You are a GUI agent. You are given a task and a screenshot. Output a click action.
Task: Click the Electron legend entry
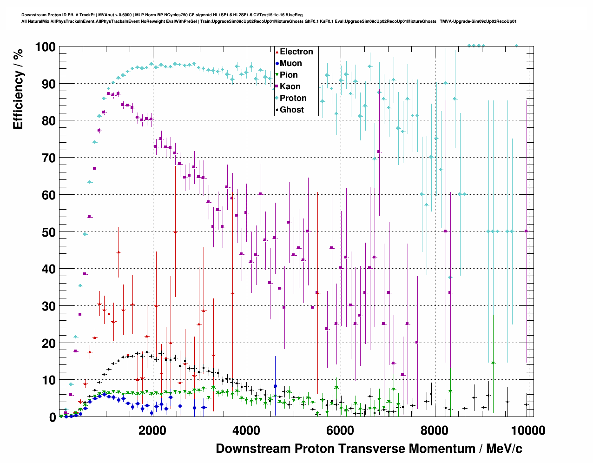(x=296, y=52)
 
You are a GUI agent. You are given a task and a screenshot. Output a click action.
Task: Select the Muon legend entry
(x=290, y=63)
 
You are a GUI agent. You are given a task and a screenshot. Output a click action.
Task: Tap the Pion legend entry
(x=289, y=75)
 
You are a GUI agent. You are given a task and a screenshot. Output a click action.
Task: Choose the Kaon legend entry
(x=290, y=86)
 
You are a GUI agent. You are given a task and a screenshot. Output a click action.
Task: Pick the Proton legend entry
(x=293, y=98)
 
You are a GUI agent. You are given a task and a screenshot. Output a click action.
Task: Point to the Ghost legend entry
(x=291, y=110)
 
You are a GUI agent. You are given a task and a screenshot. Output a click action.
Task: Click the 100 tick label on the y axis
(x=45, y=47)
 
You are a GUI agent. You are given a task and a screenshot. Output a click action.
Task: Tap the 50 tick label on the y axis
(x=48, y=232)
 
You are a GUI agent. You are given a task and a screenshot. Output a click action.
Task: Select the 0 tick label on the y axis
(x=53, y=417)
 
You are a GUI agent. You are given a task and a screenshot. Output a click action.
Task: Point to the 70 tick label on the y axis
(x=48, y=158)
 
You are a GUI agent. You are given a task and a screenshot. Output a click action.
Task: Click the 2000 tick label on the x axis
(x=152, y=430)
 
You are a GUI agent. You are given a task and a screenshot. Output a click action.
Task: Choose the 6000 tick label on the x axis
(x=340, y=430)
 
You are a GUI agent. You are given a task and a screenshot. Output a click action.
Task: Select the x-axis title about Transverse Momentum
(x=369, y=449)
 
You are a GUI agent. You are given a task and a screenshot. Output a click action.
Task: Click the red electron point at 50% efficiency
(x=175, y=231)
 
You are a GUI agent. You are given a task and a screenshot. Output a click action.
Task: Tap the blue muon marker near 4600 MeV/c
(x=275, y=386)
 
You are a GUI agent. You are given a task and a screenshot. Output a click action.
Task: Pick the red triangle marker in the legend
(x=277, y=52)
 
